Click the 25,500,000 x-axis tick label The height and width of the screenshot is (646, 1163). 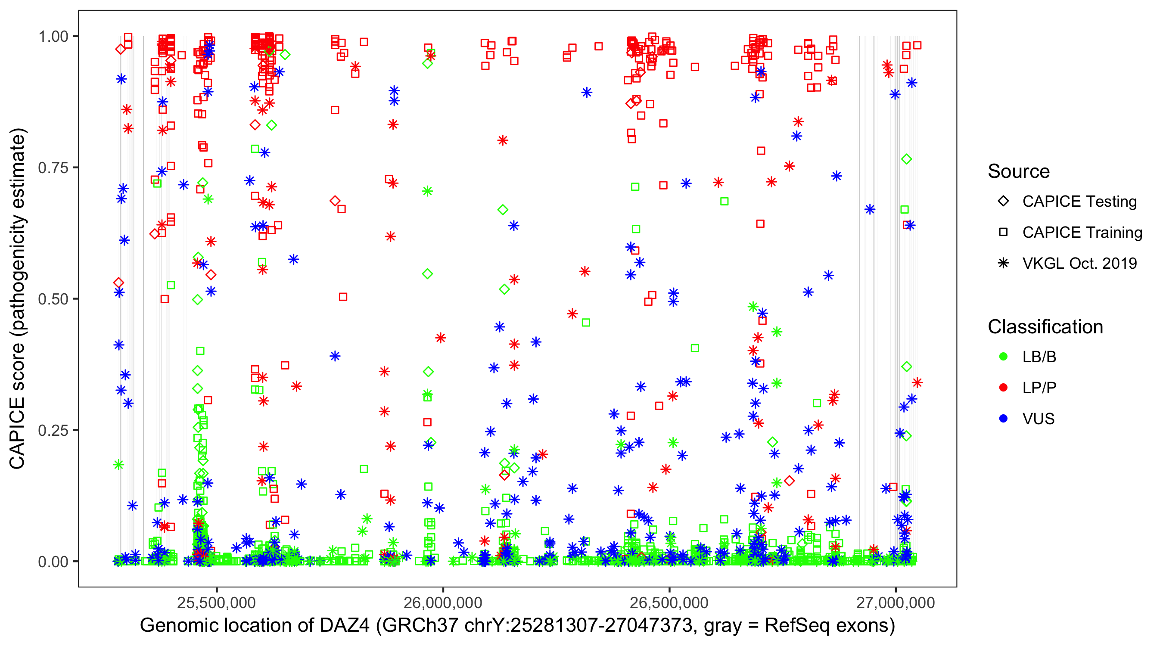[217, 603]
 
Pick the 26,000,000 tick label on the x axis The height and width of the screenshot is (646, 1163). [443, 603]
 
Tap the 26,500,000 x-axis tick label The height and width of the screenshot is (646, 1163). [669, 603]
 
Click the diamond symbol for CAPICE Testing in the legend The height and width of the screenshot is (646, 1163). [1003, 202]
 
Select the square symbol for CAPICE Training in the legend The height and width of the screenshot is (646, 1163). [1003, 233]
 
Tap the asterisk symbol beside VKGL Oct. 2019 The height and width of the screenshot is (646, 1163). [1003, 263]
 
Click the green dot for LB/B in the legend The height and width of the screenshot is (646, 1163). [1003, 357]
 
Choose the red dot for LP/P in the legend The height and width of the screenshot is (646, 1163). [1003, 388]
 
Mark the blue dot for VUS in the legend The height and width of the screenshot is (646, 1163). [1003, 419]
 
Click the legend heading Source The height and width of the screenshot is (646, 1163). [1019, 171]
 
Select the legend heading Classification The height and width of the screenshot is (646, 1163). [1045, 327]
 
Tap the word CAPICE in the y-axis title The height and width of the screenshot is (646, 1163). [17, 433]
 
